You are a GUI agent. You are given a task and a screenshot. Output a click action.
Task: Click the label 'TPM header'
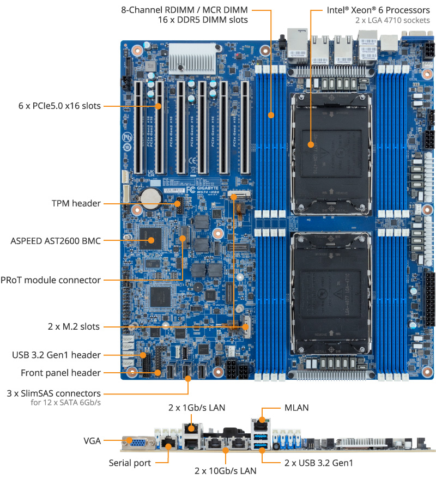tap(76, 203)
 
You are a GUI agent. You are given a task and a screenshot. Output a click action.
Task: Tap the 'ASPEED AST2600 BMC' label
tap(56, 240)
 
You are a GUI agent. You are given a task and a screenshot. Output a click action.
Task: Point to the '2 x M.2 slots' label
tap(74, 327)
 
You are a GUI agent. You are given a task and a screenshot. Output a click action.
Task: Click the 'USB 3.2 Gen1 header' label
tap(57, 355)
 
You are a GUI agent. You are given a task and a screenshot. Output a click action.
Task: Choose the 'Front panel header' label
tap(60, 373)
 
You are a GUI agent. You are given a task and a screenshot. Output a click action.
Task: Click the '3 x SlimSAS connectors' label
tap(53, 393)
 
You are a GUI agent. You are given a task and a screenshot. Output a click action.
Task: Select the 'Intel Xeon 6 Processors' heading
tap(378, 10)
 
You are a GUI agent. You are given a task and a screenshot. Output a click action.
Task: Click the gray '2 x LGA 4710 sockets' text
tap(391, 21)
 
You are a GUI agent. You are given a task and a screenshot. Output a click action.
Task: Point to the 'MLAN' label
tap(297, 407)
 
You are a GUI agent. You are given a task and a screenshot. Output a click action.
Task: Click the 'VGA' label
tap(92, 440)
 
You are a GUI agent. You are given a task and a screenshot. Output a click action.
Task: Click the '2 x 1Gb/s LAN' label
tap(197, 407)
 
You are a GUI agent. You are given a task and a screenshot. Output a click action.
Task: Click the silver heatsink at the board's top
tap(191, 58)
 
